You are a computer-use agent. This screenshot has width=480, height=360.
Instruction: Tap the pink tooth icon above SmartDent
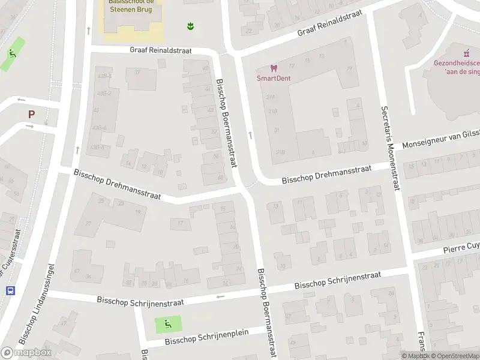tap(273, 68)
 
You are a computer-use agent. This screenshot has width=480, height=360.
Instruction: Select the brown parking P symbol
tap(31, 113)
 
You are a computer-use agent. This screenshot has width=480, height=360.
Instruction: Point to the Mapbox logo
tap(26, 353)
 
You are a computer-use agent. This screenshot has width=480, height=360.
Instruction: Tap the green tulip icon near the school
tap(190, 26)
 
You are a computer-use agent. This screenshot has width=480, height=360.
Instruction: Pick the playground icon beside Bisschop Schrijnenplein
tap(166, 325)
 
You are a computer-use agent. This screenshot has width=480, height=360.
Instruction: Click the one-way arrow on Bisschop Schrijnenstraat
tap(220, 296)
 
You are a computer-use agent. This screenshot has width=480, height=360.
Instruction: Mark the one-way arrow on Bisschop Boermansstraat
tap(250, 134)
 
